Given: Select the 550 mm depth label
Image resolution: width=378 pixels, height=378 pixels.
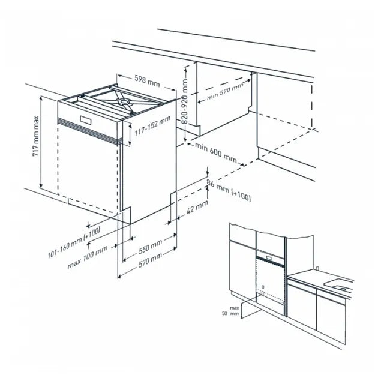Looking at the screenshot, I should coord(149,246).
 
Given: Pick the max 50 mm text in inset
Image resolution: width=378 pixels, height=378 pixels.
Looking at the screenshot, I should coord(229,310).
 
